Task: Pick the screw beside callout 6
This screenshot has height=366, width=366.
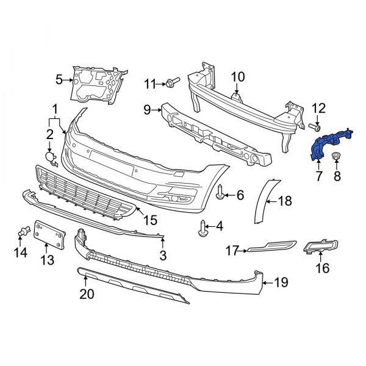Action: pos(219,194)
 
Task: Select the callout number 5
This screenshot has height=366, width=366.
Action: pos(59,79)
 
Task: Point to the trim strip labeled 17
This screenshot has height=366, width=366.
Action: pos(268,247)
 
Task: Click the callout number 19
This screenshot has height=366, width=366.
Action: pos(280,282)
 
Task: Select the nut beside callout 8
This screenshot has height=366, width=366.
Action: pos(335,158)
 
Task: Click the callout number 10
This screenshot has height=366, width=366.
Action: pos(238,77)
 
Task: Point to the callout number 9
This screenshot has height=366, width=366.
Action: pos(147,110)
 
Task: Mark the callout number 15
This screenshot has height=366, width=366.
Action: pos(150,218)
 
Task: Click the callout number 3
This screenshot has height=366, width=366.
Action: pos(162,253)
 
